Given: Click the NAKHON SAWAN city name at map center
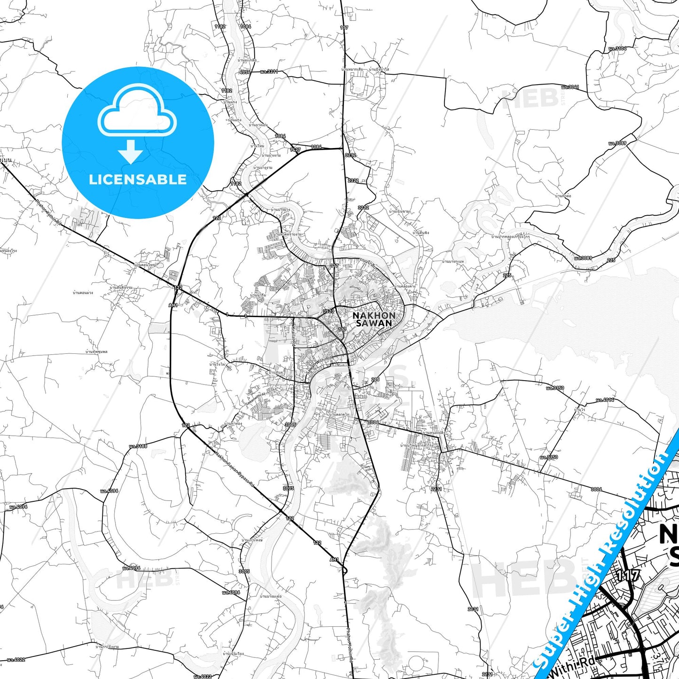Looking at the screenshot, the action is click(x=374, y=319).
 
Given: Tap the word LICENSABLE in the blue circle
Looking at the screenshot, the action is click(x=138, y=180).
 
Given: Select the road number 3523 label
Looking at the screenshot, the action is click(x=328, y=311).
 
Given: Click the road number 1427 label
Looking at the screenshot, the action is click(x=295, y=150).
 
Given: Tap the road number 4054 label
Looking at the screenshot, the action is click(x=245, y=72).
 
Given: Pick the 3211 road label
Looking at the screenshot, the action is click(x=269, y=72).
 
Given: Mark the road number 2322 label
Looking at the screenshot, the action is click(x=353, y=180).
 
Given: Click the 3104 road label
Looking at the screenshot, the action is click(x=617, y=48).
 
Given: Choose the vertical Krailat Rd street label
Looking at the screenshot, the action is click(x=292, y=334).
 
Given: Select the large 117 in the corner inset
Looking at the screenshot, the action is click(x=627, y=575).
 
